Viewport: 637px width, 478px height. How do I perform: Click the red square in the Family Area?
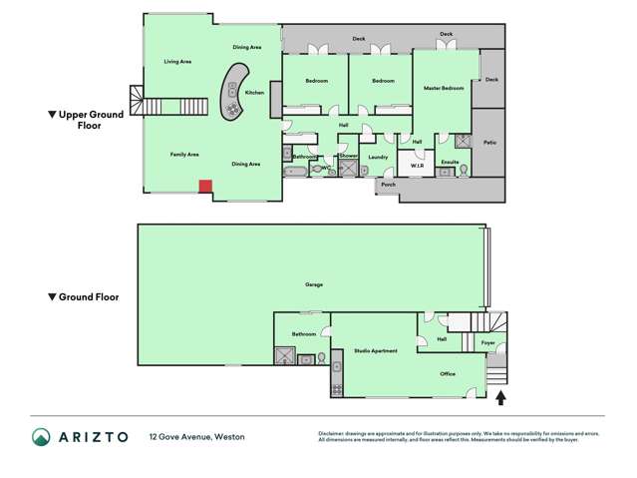click(x=204, y=186)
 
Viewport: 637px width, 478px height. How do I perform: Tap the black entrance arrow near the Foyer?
click(x=500, y=398)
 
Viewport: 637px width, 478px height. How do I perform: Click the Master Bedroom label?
click(x=445, y=89)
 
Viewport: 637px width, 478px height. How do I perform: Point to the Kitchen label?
click(x=254, y=92)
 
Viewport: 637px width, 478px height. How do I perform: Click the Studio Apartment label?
click(x=376, y=351)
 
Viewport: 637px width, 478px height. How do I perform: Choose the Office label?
click(x=448, y=374)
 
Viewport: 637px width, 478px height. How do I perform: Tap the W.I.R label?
click(x=417, y=166)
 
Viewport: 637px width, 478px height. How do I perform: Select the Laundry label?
click(x=378, y=157)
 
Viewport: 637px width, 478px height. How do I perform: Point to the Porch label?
click(x=388, y=185)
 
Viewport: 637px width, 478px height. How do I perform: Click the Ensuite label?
click(x=450, y=161)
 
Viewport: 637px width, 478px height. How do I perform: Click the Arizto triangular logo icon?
click(x=41, y=437)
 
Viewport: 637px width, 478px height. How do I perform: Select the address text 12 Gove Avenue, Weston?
click(x=196, y=437)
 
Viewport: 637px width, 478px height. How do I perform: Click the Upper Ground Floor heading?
click(x=90, y=121)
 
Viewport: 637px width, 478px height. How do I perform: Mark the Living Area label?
click(x=177, y=62)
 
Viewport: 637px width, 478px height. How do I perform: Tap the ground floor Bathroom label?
click(x=303, y=333)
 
